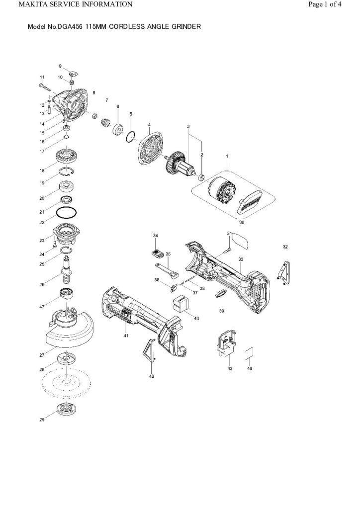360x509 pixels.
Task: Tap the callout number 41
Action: [126, 336]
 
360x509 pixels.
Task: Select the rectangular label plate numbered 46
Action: [250, 354]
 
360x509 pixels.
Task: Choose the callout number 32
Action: [285, 247]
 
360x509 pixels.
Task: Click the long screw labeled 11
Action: [46, 87]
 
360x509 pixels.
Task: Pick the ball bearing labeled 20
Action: [67, 188]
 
